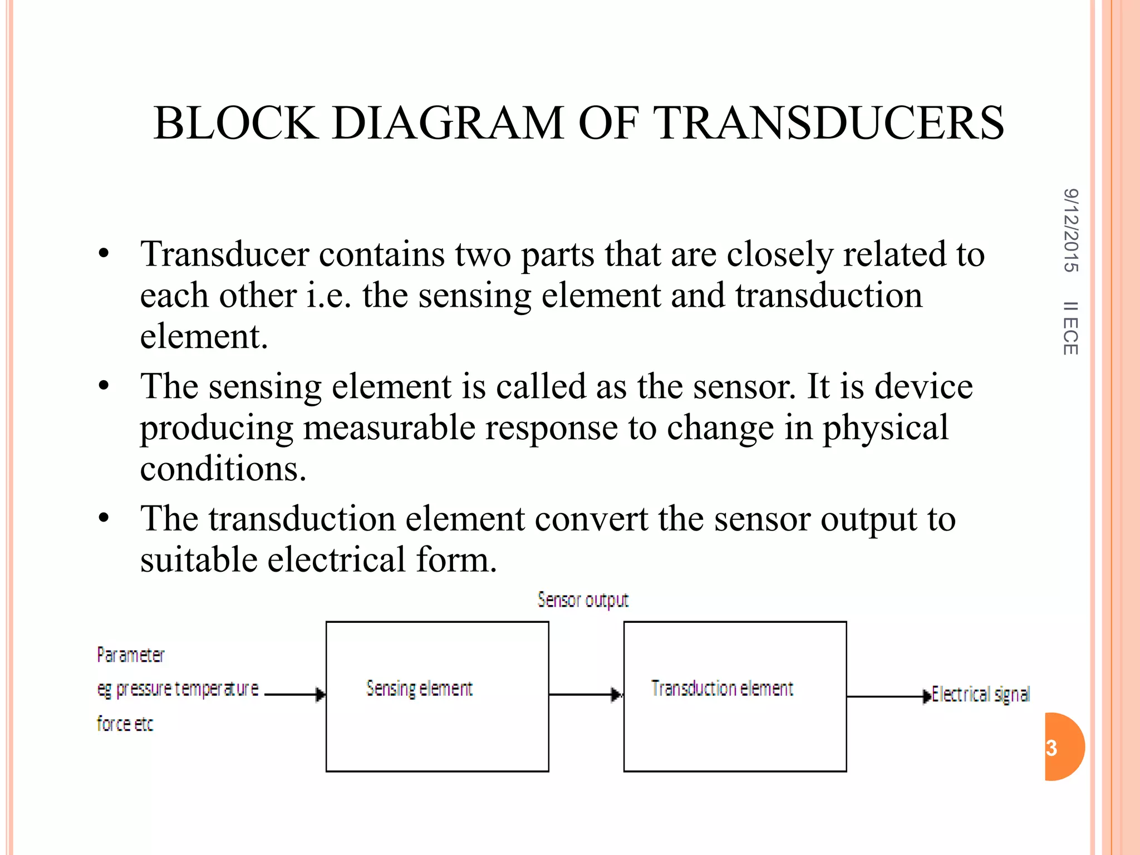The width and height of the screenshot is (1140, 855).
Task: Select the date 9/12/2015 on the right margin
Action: click(x=1070, y=230)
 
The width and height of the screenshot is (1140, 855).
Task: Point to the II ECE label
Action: click(x=1070, y=328)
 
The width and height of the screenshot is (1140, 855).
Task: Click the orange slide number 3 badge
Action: click(x=1063, y=747)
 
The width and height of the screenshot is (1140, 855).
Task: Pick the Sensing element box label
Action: click(x=419, y=689)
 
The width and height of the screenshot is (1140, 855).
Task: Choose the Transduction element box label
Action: click(x=722, y=689)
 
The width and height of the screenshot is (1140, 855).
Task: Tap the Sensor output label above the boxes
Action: click(x=583, y=600)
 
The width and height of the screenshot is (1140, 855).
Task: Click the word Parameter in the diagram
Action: click(x=130, y=655)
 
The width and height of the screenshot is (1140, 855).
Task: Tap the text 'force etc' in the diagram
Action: click(x=125, y=724)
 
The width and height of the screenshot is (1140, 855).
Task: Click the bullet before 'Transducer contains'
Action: click(x=104, y=254)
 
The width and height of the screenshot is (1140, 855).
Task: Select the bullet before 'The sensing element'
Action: click(x=104, y=386)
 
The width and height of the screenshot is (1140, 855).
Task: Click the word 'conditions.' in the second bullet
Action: click(x=223, y=469)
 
